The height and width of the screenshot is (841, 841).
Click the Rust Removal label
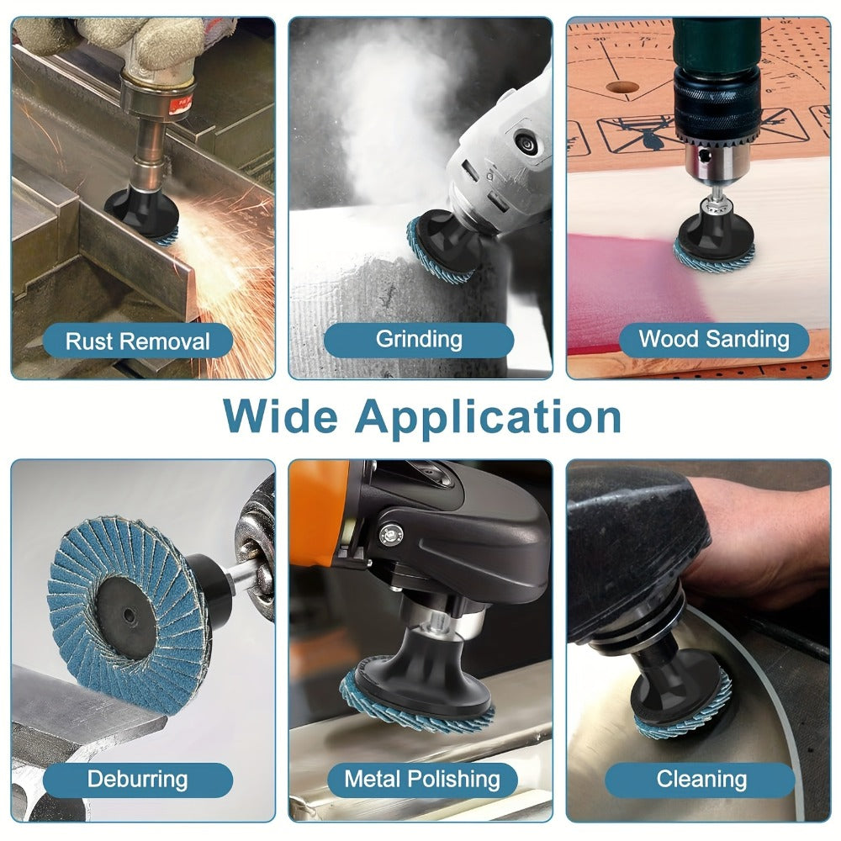(137, 341)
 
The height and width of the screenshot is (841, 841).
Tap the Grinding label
(419, 340)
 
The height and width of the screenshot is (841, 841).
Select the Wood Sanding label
(714, 340)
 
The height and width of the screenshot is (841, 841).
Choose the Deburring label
(137, 780)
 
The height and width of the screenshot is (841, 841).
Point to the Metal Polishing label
(422, 780)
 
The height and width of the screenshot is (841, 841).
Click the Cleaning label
(701, 780)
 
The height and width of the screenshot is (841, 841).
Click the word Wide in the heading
(281, 416)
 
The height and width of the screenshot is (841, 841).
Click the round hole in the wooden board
(622, 87)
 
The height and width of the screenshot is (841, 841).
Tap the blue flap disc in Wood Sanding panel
(713, 257)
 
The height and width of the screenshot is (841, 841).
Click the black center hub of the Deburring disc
(127, 611)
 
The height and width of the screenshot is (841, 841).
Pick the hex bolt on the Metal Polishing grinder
(390, 534)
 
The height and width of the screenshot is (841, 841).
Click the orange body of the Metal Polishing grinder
(318, 515)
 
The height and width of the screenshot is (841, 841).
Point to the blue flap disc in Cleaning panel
(684, 713)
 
